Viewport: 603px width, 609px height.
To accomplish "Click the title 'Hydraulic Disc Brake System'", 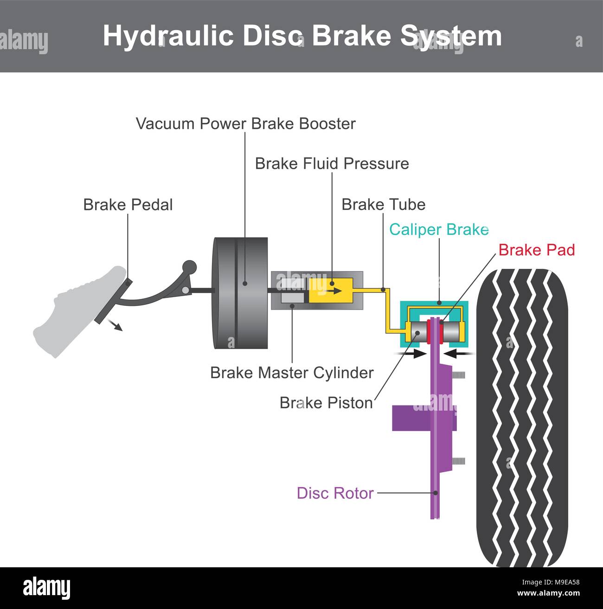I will click(302, 36).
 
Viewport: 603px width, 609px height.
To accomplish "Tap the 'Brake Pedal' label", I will click(128, 205).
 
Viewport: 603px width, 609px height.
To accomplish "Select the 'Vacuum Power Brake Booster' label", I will click(246, 124).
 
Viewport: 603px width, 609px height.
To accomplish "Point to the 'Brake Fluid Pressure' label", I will click(332, 164).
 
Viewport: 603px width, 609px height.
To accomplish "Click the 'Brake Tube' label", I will click(383, 204).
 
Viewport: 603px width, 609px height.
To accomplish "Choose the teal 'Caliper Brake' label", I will click(439, 229).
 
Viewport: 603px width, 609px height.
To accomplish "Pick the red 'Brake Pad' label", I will click(537, 250).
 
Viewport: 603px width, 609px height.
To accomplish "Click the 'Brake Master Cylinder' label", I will click(292, 373).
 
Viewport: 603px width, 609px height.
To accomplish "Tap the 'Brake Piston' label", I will click(326, 403).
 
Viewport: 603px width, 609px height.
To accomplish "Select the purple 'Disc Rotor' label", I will click(335, 493).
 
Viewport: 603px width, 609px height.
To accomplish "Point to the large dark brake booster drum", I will click(240, 293).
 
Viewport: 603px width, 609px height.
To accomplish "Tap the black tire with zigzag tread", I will click(522, 417).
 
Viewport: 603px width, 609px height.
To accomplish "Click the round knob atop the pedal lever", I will click(189, 267).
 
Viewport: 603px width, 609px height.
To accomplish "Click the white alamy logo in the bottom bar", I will click(47, 588).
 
